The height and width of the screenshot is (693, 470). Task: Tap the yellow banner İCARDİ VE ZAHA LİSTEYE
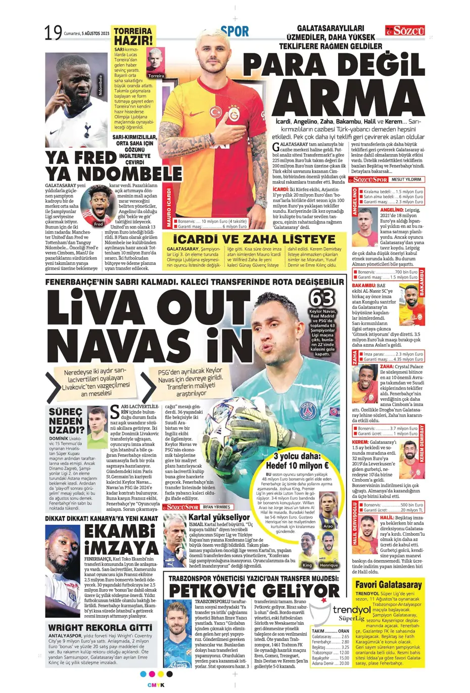pos(254,239)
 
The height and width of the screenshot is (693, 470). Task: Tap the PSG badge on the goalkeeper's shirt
pos(308,411)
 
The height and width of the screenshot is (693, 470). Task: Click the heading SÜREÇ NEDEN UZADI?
pos(66,421)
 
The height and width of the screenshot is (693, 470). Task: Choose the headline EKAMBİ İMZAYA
pos(121,539)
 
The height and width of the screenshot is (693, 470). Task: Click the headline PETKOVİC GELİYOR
pos(254,590)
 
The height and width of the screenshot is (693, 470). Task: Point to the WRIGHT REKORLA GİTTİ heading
pos(100,628)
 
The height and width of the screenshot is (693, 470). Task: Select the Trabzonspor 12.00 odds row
pos(331,653)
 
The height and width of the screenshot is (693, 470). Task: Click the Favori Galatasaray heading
pos(388,585)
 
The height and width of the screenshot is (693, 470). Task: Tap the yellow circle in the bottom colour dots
pos(161,674)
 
